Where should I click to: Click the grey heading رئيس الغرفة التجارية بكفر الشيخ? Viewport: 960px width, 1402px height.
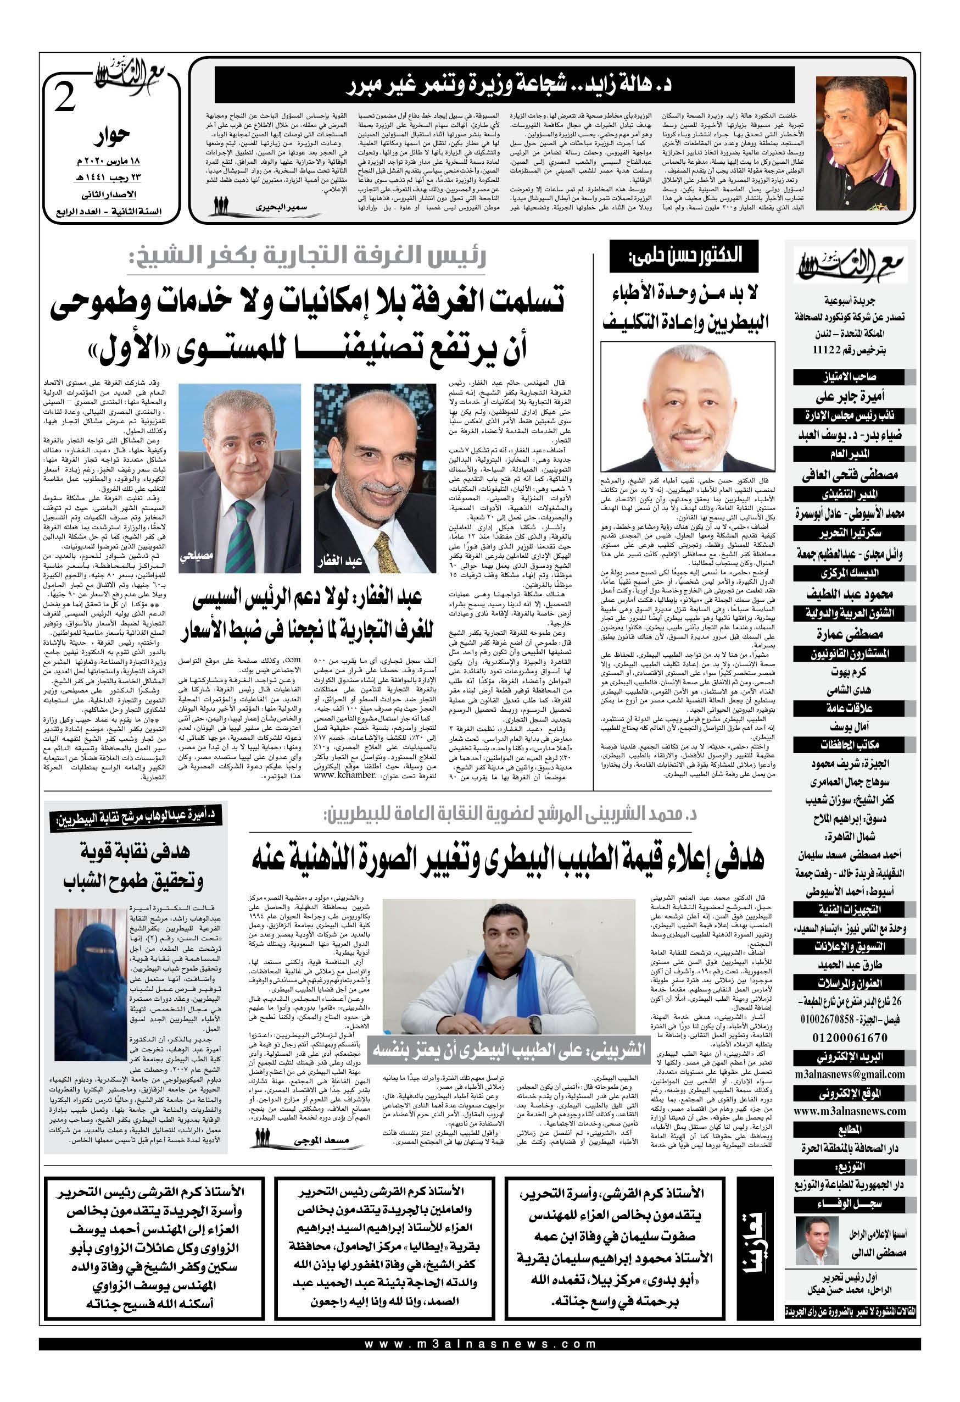[307, 259]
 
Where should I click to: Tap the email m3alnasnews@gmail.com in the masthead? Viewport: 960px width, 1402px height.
[850, 1074]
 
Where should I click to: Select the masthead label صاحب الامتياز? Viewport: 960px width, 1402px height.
[850, 378]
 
